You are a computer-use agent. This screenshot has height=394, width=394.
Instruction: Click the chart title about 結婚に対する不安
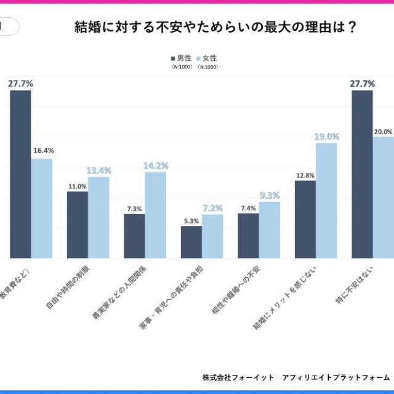tap(215, 27)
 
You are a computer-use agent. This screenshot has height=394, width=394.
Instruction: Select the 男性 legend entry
tap(181, 58)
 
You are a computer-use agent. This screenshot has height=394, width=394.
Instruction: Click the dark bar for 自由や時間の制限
tap(77, 225)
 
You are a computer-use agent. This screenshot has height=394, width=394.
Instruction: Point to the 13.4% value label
tap(98, 170)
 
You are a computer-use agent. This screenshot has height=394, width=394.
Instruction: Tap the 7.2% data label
tap(212, 208)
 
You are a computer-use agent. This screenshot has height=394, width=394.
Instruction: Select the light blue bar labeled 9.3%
tap(269, 230)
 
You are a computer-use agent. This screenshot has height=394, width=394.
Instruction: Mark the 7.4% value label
tap(248, 208)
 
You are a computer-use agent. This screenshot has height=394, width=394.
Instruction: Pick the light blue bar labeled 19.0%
tap(326, 200)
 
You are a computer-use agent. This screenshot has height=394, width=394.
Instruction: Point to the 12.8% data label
tap(305, 175)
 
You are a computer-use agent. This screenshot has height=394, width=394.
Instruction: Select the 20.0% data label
tap(384, 132)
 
